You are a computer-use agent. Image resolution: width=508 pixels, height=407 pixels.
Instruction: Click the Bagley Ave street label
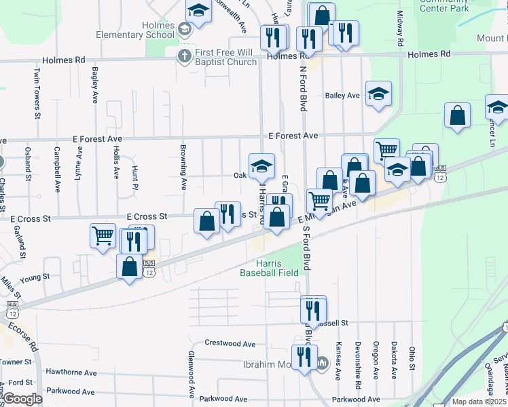94,85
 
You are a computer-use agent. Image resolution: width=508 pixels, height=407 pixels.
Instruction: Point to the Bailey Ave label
342,96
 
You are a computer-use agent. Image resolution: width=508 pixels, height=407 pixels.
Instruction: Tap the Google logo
23,399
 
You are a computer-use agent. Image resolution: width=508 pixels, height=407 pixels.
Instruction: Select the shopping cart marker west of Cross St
103,236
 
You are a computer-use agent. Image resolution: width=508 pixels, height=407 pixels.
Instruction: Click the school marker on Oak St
261,165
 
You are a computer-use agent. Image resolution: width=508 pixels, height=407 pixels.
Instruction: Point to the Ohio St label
412,360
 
